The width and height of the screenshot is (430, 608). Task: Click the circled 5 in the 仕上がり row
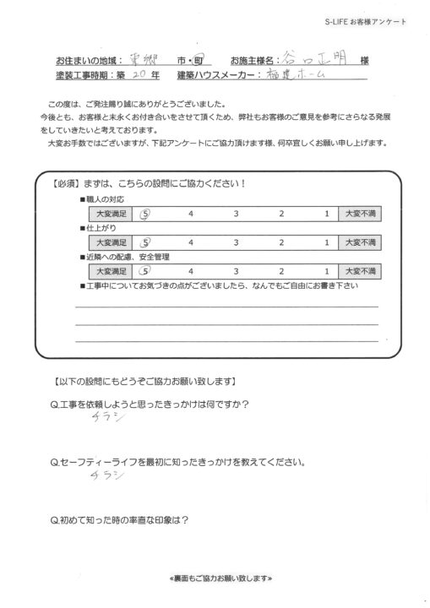145,243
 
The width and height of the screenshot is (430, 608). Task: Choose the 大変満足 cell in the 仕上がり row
112,244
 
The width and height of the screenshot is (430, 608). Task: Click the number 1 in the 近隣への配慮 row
325,271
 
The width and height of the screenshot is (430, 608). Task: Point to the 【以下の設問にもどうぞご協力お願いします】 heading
144,380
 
